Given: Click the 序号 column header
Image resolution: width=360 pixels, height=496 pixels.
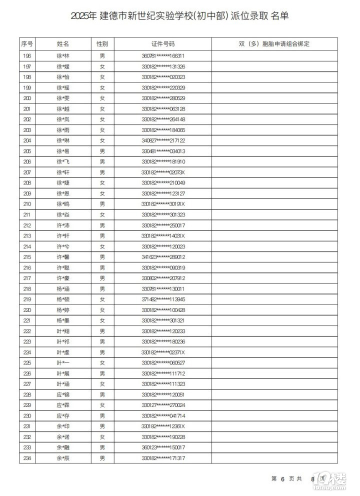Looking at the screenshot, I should click(27, 44).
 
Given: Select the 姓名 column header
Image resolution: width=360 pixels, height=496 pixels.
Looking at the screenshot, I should click(63, 44).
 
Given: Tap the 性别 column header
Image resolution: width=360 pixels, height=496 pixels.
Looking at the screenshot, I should click(102, 44).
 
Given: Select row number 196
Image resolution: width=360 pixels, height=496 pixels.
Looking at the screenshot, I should click(27, 55).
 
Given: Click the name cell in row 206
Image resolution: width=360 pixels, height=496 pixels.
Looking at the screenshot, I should click(63, 161).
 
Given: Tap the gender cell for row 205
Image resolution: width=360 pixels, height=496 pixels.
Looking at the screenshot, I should click(102, 151).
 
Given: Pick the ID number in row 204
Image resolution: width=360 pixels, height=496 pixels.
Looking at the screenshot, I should click(163, 140).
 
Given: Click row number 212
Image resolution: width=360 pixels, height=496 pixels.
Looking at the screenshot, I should click(27, 225).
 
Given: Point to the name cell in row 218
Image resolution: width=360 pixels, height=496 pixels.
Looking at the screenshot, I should click(63, 288).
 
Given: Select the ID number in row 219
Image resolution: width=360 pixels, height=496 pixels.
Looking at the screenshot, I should click(163, 299).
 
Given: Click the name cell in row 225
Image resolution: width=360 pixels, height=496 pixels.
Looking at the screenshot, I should click(63, 362).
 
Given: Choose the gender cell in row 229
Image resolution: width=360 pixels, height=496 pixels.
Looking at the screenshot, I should click(102, 405).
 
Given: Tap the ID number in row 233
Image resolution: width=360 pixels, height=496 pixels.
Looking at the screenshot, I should click(163, 447).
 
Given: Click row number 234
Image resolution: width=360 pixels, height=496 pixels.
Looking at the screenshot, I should click(27, 458).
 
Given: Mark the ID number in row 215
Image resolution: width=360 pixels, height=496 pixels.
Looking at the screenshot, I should click(163, 257).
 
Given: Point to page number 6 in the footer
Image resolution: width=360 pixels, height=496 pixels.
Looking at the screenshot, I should click(282, 478).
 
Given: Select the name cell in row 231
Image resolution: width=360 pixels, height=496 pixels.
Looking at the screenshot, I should click(63, 426).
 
